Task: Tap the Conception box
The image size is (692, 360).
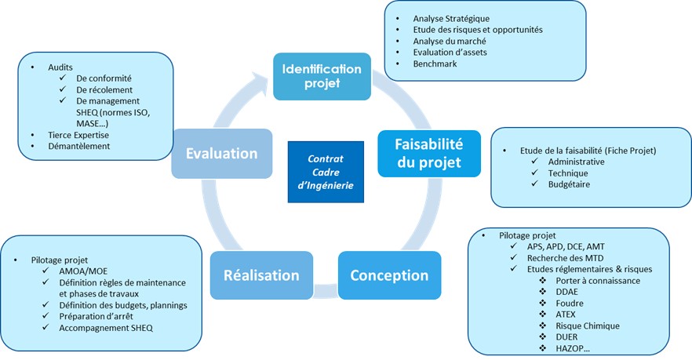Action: tap(389, 275)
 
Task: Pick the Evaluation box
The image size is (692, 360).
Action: tap(222, 153)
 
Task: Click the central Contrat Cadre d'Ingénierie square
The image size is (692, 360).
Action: tap(325, 172)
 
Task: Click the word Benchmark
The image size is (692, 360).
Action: tap(435, 64)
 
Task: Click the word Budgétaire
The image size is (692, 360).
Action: tap(569, 184)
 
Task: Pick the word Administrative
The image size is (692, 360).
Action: tap(577, 161)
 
